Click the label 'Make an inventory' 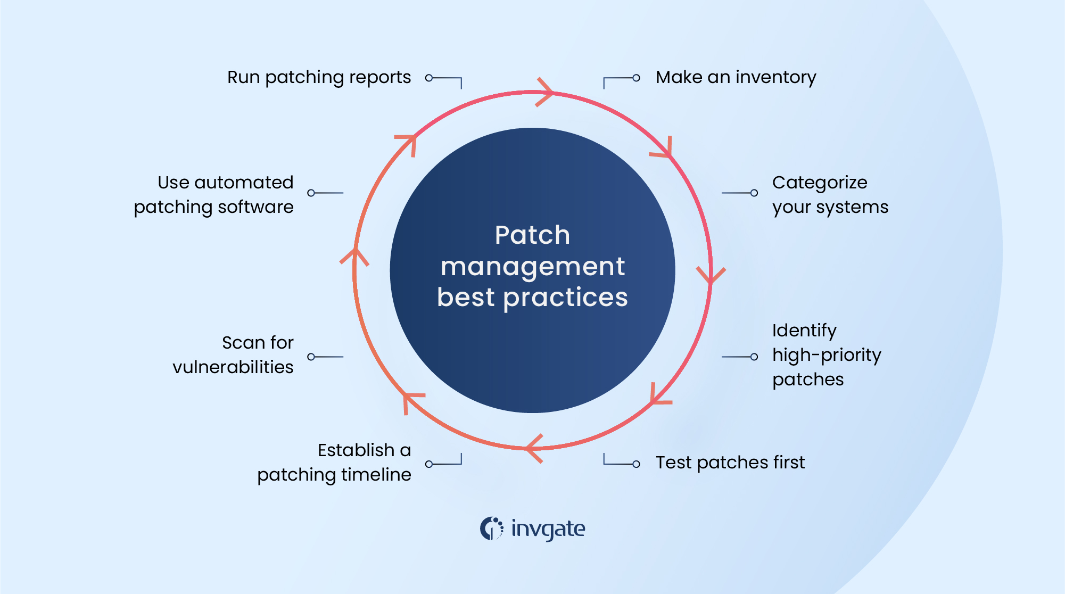tap(736, 78)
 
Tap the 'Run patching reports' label tap(319, 78)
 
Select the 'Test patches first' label tap(730, 463)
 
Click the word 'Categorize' tap(820, 183)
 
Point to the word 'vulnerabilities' tap(233, 367)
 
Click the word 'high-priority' tap(827, 355)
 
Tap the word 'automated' tap(244, 183)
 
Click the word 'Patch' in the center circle tap(532, 235)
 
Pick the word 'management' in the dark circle tap(532, 267)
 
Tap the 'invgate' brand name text tap(548, 529)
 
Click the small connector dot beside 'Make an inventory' tap(636, 78)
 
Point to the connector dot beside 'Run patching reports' tap(429, 78)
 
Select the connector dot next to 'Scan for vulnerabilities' tap(311, 357)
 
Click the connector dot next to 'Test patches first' tap(636, 464)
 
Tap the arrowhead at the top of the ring tap(545, 92)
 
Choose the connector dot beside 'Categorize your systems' tap(754, 193)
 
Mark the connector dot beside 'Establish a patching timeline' tap(429, 464)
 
